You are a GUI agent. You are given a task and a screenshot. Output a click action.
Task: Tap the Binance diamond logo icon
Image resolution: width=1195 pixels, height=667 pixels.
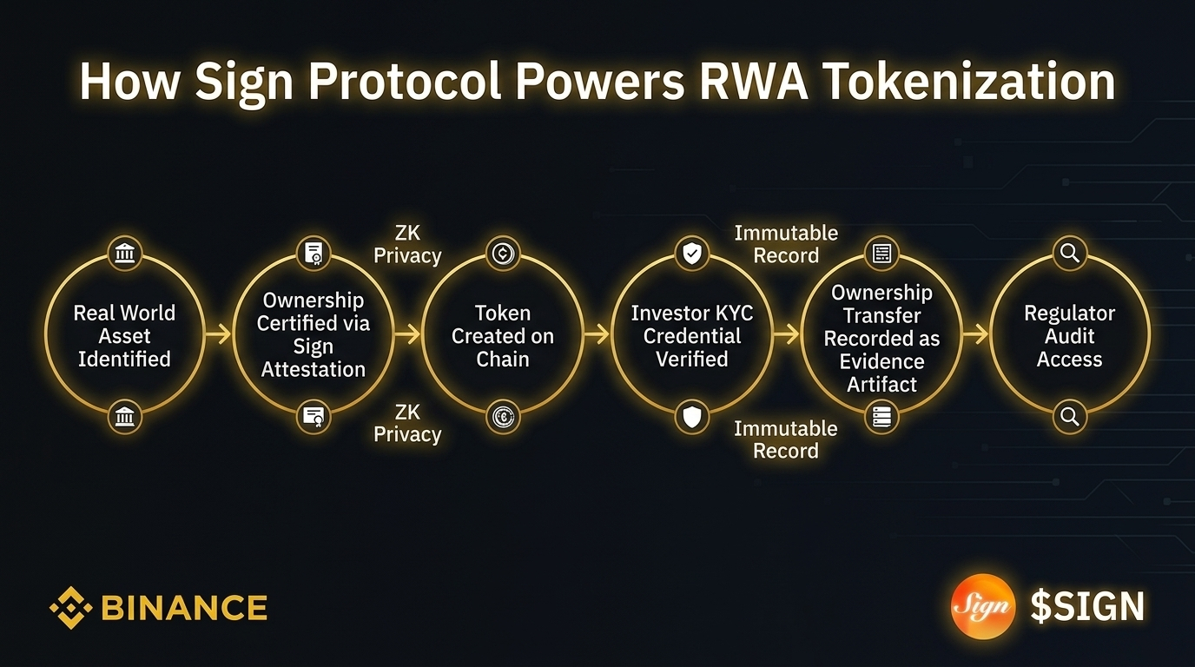[70, 607]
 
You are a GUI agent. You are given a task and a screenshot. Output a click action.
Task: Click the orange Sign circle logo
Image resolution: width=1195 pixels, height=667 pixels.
[982, 606]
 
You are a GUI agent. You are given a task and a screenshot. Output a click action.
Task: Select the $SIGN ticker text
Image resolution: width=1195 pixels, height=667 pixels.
[1086, 606]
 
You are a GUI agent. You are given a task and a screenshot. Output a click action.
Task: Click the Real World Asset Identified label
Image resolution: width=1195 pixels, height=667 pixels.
[124, 336]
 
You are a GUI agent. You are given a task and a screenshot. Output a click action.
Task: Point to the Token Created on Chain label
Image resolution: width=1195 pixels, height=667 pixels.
[503, 336]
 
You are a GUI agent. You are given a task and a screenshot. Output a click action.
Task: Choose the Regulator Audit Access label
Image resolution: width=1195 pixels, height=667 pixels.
[1069, 336]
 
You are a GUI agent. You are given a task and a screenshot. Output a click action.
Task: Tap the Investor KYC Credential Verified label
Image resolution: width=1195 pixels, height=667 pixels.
[692, 336]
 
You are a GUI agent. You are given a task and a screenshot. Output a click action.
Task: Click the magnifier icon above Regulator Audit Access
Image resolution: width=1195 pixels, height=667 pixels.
[1070, 254]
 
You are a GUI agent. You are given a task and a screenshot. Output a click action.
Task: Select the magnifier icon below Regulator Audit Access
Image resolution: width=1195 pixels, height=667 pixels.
[1070, 418]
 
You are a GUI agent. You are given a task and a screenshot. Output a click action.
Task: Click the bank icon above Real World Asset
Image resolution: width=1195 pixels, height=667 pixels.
[124, 254]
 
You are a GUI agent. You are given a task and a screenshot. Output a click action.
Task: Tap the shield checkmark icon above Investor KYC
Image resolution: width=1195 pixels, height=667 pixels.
[692, 254]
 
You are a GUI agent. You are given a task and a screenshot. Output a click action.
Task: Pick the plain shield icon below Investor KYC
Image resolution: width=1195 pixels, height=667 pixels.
[692, 418]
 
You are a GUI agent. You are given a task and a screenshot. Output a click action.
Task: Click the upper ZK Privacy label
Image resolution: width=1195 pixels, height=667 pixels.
[407, 244]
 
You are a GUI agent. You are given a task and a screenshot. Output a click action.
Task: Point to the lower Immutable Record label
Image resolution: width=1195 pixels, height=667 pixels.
[786, 439]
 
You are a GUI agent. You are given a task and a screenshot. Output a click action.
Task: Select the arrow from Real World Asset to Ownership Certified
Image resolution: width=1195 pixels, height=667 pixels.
[218, 333]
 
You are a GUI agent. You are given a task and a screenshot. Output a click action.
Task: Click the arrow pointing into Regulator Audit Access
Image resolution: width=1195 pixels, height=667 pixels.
[976, 333]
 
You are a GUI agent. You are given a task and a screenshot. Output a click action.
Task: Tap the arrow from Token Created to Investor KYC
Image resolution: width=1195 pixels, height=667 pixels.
[597, 333]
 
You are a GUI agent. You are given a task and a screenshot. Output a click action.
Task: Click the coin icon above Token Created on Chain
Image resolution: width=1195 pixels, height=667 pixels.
[503, 254]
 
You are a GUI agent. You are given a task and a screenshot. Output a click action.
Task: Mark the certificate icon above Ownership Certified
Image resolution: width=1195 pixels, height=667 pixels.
[314, 254]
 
